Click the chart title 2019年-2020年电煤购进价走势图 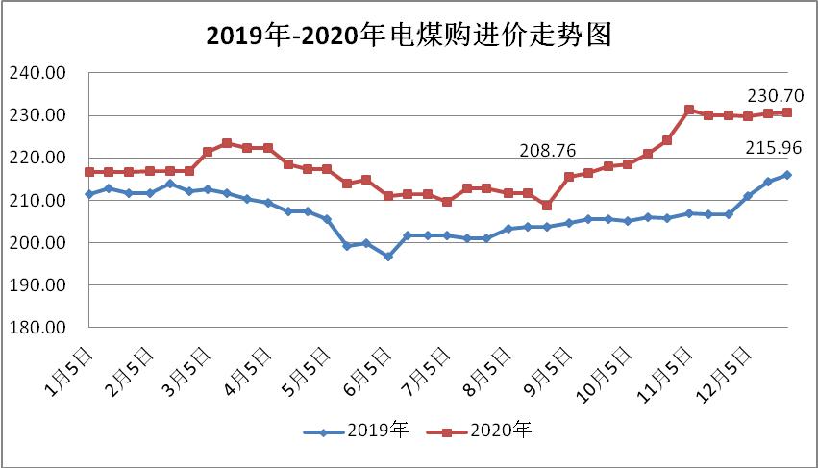409,36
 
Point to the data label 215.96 775,148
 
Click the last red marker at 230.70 787,112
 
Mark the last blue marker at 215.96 787,175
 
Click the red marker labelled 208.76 547,206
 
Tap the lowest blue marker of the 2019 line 387,257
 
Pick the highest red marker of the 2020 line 688,110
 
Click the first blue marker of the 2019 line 89,194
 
